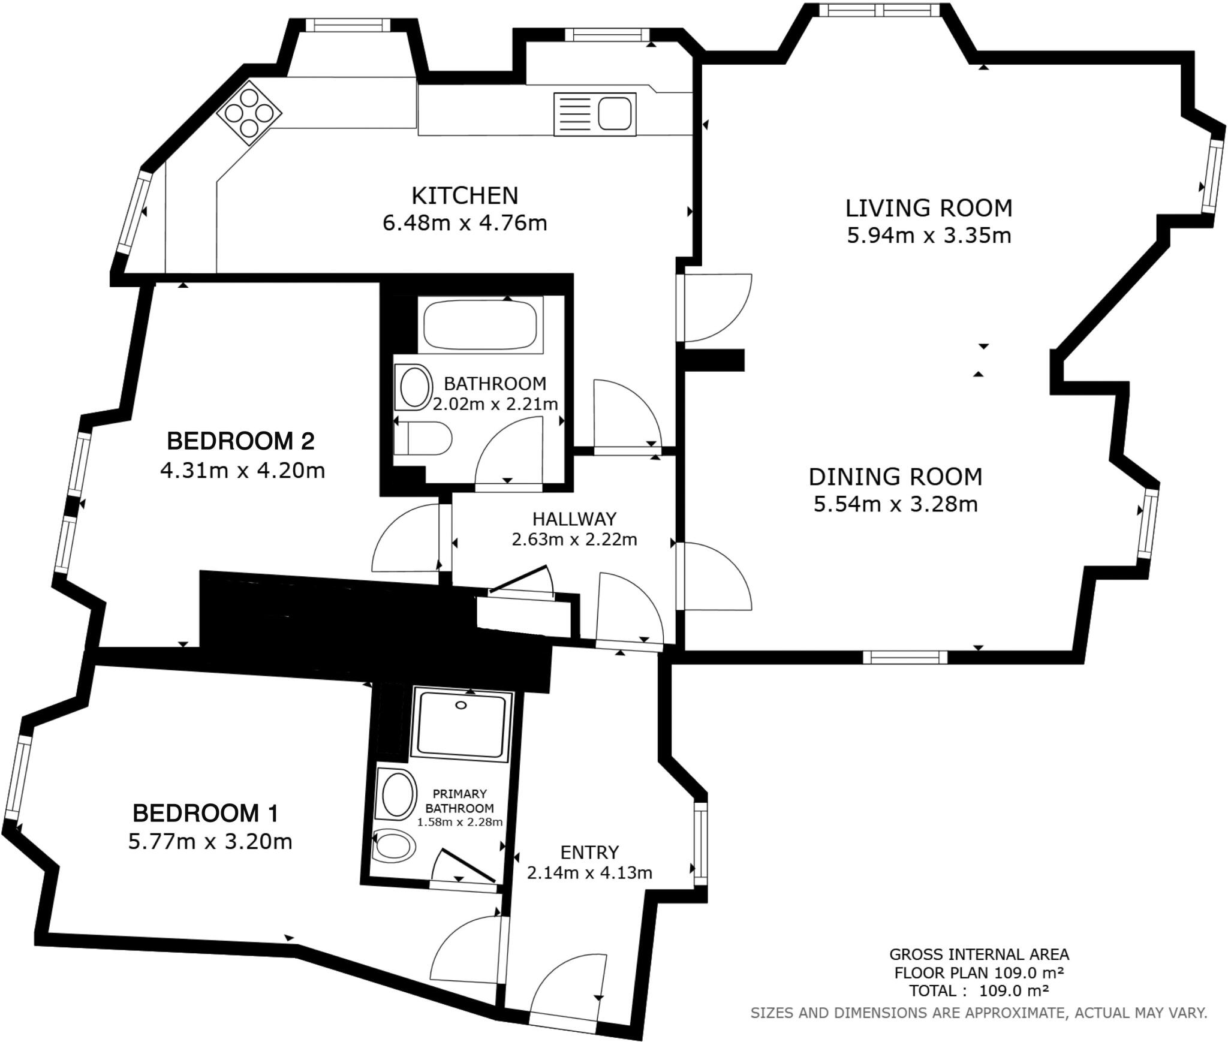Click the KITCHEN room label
coord(464,196)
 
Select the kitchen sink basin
coord(614,114)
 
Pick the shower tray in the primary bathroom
coord(461,725)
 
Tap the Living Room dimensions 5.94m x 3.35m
coord(928,236)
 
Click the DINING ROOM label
coord(895,477)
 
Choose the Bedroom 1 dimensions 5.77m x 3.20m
coord(210,842)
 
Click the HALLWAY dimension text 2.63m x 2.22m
coord(574,540)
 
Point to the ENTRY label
coord(589,852)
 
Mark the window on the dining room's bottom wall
coord(905,658)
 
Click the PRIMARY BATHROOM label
coord(459,801)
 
